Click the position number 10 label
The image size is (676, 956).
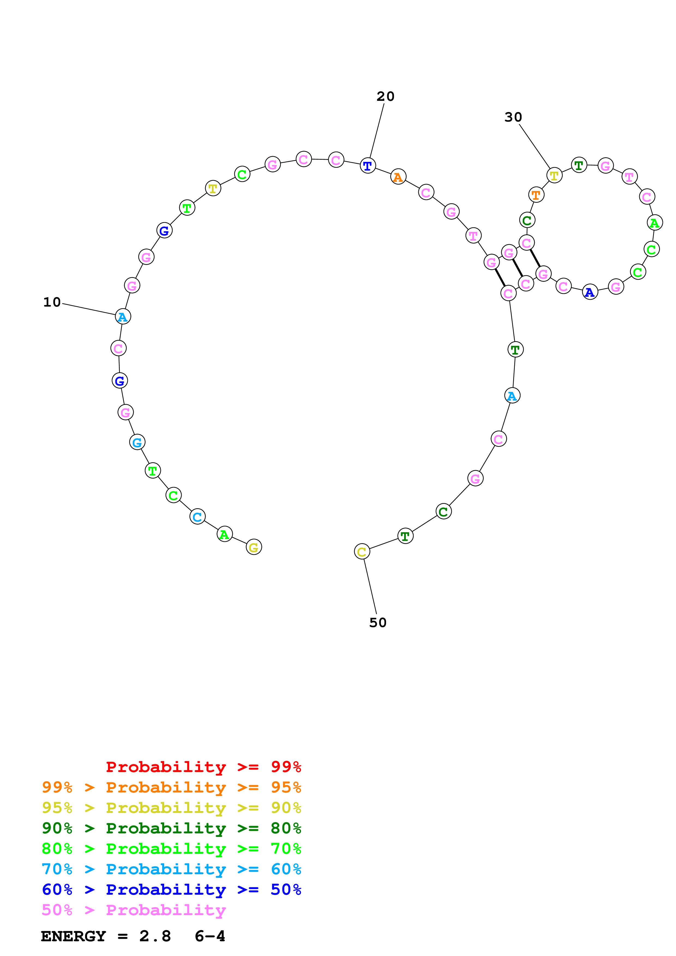(x=52, y=302)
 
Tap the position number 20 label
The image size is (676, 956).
(x=385, y=96)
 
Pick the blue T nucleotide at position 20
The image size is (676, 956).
(x=368, y=166)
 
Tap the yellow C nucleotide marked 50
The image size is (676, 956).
(x=362, y=551)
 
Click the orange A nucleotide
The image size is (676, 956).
(x=398, y=177)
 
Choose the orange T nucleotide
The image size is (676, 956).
(x=536, y=195)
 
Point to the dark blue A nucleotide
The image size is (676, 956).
(x=590, y=292)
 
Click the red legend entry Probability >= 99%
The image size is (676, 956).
(x=203, y=767)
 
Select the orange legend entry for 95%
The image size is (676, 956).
(x=172, y=787)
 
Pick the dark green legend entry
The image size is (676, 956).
(x=172, y=828)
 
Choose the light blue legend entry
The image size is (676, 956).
(x=172, y=869)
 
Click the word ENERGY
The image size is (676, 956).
(x=73, y=936)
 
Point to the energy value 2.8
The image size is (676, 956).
(x=155, y=936)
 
